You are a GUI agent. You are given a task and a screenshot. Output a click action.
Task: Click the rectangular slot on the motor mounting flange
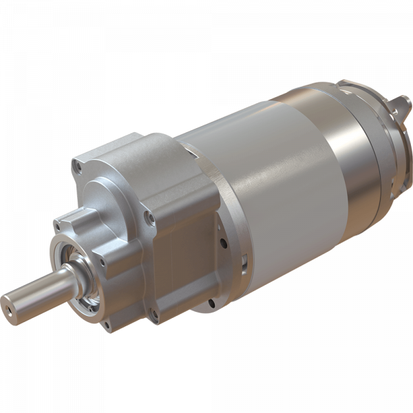click(x=244, y=260)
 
